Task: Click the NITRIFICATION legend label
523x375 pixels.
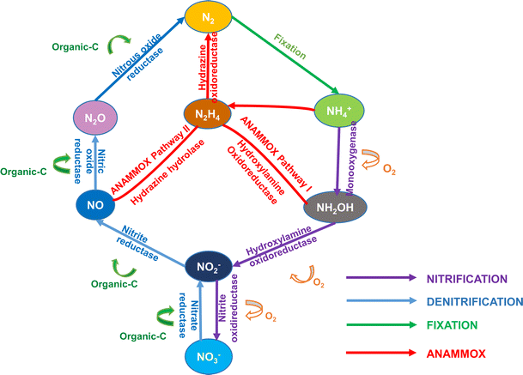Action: click(x=469, y=278)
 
